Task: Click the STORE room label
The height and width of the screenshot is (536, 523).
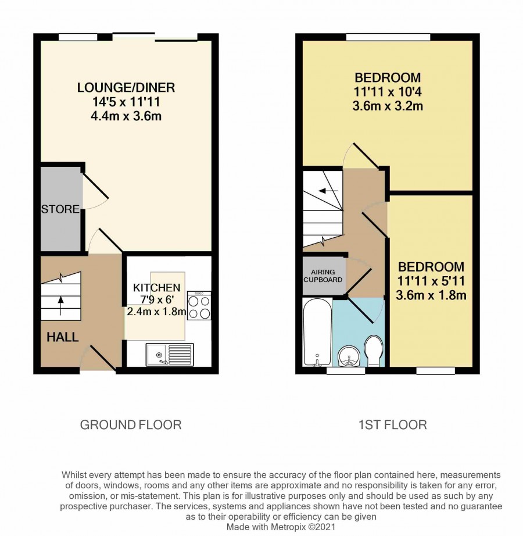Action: (60, 209)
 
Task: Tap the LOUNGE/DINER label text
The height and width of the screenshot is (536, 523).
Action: (126, 88)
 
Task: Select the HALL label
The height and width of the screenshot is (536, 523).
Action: (63, 337)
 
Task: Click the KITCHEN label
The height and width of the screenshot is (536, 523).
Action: (156, 288)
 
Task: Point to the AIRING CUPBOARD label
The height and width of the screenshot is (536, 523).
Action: (323, 276)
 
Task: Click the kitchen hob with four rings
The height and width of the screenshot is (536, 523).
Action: (199, 305)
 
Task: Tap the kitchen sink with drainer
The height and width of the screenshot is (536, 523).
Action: (170, 355)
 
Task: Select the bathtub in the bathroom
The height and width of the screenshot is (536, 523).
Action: (317, 331)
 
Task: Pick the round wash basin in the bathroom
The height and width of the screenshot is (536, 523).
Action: (348, 356)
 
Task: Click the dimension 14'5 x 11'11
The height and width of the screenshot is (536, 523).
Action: (126, 102)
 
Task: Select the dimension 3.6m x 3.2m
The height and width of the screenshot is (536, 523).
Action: (388, 106)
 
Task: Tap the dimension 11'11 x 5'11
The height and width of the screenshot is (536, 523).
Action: (431, 281)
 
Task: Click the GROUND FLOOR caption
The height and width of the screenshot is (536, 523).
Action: (131, 425)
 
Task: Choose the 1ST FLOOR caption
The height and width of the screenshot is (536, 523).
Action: (392, 425)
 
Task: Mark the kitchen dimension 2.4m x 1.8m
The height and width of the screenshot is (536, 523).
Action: (156, 312)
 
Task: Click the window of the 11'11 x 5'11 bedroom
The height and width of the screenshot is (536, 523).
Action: (436, 370)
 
